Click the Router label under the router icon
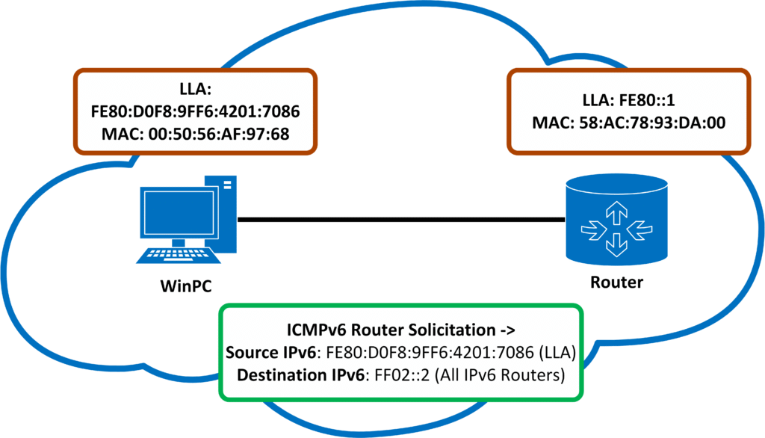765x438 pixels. pyautogui.click(x=616, y=283)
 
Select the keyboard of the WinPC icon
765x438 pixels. pyautogui.click(x=179, y=255)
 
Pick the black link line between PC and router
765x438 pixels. pyautogui.click(x=400, y=220)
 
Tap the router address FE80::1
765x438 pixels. pyautogui.click(x=657, y=101)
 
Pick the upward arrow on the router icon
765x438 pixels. pyautogui.click(x=616, y=215)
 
